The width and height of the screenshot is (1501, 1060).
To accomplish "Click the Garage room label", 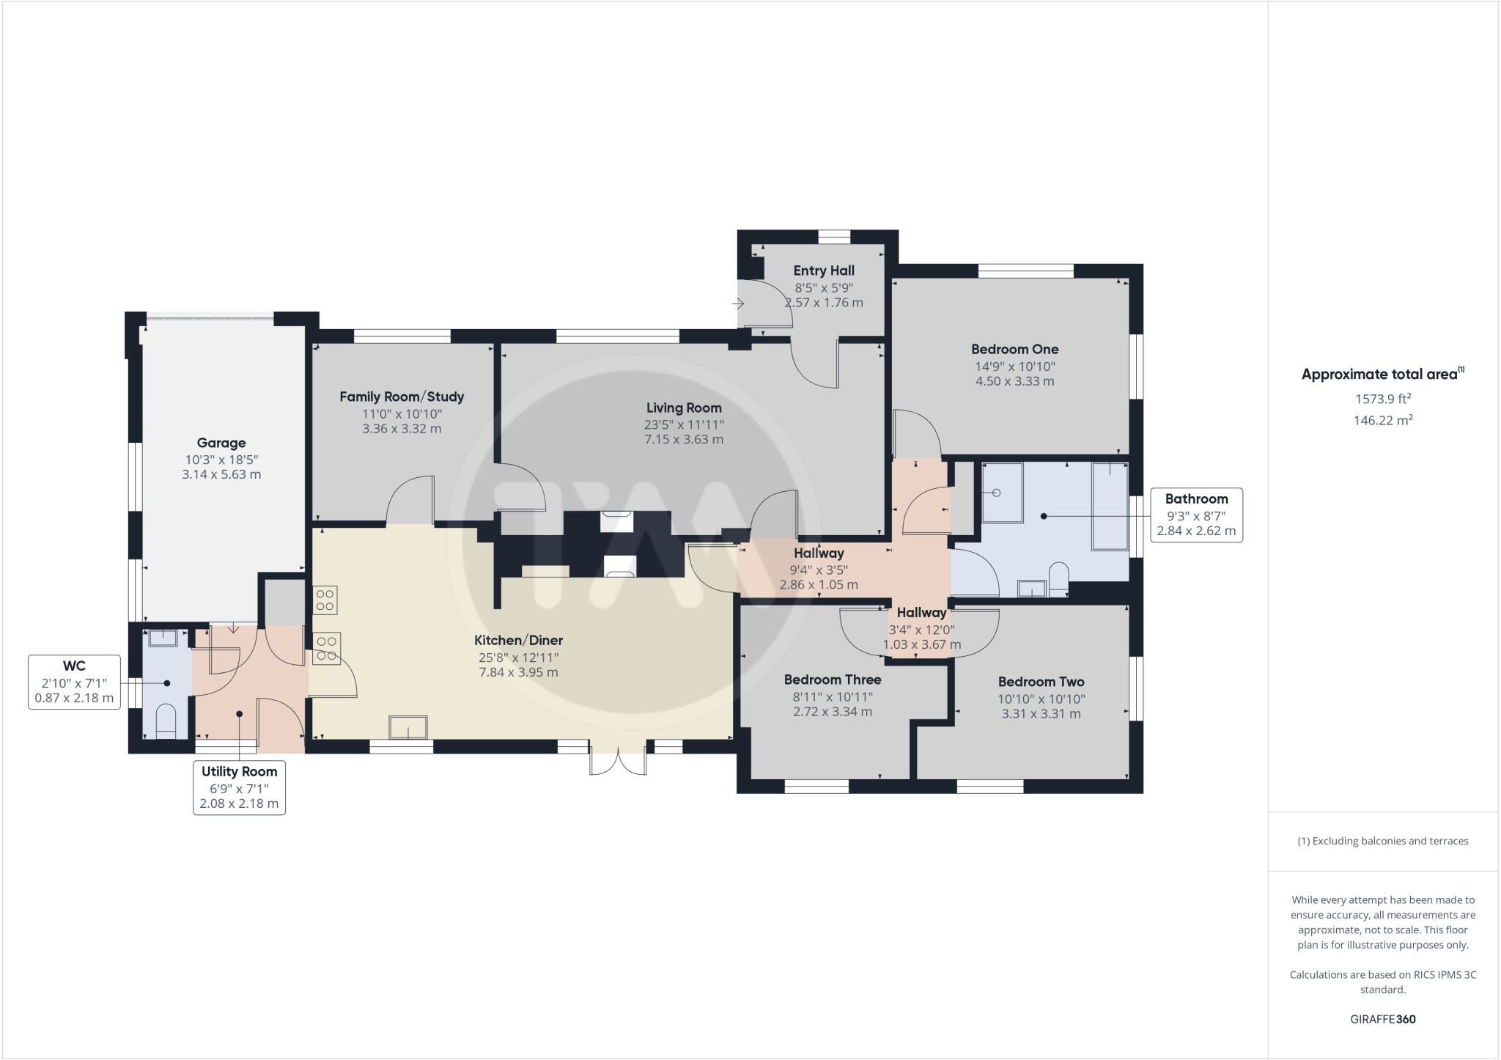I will click(221, 443).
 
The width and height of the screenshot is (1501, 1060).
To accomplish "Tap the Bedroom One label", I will click(1014, 350).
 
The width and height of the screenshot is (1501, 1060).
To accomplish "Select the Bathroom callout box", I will click(1195, 515).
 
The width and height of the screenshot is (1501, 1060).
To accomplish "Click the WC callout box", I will click(74, 682).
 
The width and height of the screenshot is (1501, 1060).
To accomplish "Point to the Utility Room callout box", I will click(239, 787).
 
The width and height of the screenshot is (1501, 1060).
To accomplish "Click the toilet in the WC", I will click(167, 720).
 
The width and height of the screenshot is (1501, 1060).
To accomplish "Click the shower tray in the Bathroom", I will click(1002, 493).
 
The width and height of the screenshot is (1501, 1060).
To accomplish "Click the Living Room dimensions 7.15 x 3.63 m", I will click(683, 440).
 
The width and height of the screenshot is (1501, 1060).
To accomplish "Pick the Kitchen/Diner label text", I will click(518, 641).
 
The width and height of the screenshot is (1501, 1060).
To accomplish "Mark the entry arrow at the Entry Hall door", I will click(738, 303).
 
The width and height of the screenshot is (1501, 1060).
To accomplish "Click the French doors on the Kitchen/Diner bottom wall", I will click(618, 759).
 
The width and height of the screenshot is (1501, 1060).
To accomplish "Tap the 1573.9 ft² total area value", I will click(1382, 399).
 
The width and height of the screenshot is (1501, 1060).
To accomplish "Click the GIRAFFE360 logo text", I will click(1382, 1019).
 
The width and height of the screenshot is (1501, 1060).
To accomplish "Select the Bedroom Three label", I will click(832, 680).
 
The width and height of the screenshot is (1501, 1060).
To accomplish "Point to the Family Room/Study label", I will click(402, 397).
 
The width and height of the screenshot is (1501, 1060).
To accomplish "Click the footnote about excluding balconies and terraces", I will click(1382, 841).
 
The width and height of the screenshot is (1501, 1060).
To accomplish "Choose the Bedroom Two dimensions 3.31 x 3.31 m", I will click(1041, 713).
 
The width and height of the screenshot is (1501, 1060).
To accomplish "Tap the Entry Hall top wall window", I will click(833, 236).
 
